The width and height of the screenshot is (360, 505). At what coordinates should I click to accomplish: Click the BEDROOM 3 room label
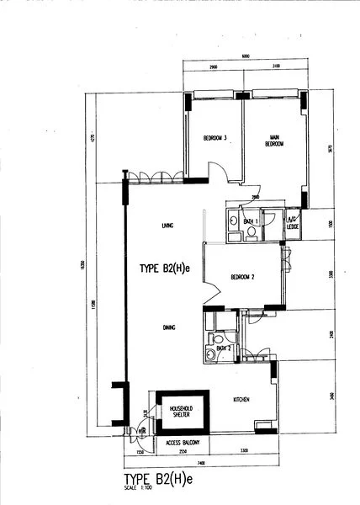click(x=216, y=137)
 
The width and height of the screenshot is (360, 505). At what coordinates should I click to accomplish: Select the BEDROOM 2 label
click(x=243, y=275)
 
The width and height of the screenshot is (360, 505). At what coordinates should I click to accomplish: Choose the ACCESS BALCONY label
click(x=182, y=441)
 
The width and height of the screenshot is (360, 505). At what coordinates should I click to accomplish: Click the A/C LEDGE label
click(x=294, y=223)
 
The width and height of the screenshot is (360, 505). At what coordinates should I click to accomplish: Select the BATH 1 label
click(x=250, y=221)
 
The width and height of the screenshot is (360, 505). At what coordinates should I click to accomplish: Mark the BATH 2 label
click(x=223, y=346)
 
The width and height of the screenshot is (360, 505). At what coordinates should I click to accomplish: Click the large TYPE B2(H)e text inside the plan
click(x=166, y=269)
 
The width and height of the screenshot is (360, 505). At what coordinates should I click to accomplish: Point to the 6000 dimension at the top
click(x=245, y=56)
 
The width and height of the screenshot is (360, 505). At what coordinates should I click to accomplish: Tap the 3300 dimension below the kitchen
click(x=243, y=452)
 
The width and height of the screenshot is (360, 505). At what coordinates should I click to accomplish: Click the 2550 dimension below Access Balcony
click(x=171, y=452)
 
